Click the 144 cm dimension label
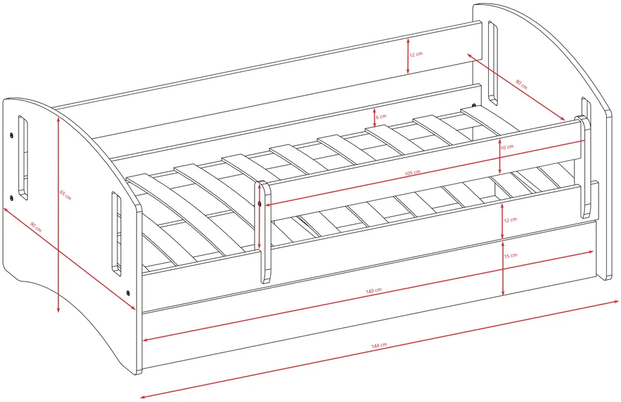tap(379, 346)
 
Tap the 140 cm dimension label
tap(373, 291)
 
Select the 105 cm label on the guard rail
tap(412, 173)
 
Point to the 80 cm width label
tap(521, 84)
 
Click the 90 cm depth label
tap(36, 227)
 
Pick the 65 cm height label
tap(65, 195)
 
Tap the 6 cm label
tap(381, 117)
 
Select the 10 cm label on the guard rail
tap(507, 147)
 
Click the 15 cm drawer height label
tap(510, 256)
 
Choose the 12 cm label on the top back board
tap(416, 54)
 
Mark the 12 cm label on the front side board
tap(510, 220)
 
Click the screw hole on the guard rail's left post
tap(260, 203)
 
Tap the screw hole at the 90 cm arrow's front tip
tap(128, 293)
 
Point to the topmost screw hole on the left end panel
tap(11, 135)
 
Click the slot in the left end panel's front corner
tap(117, 233)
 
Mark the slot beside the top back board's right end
tap(492, 63)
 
